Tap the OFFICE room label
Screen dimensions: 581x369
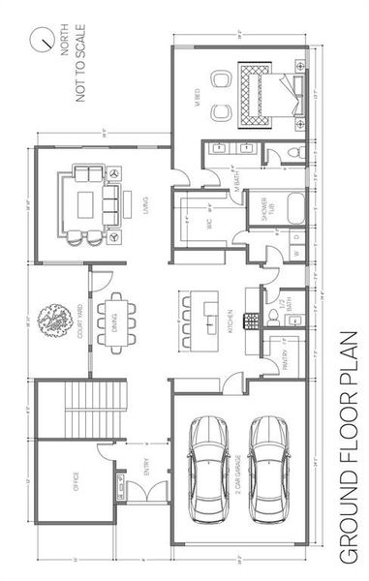pyautogui.click(x=77, y=481)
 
